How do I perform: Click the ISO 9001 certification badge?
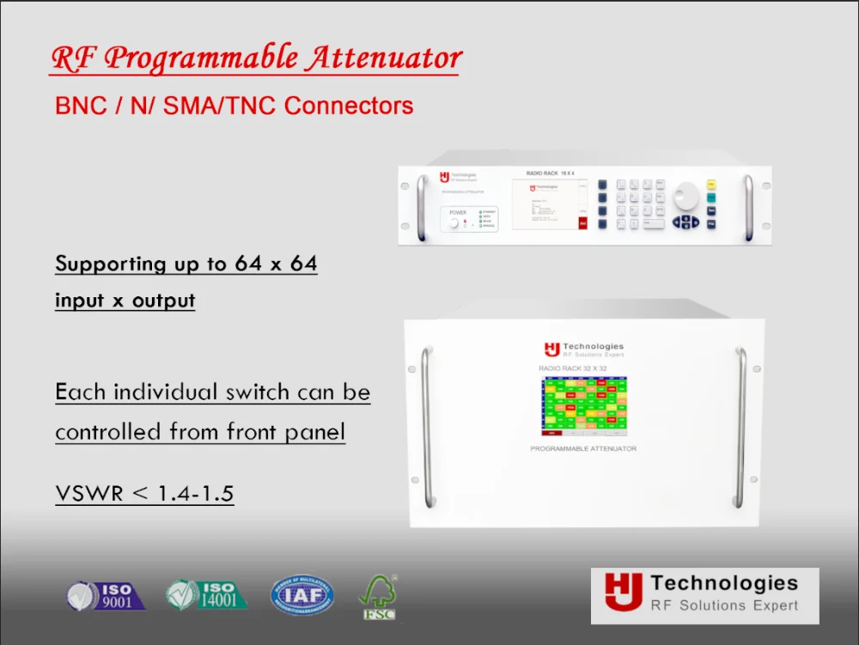click(x=107, y=594)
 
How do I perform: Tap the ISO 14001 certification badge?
click(x=206, y=594)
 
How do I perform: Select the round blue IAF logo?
click(x=302, y=594)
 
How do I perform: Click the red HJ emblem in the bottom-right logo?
click(x=618, y=593)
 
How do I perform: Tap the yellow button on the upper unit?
click(x=712, y=184)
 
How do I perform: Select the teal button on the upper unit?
click(x=712, y=197)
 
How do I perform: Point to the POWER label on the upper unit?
click(x=458, y=211)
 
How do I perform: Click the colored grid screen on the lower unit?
click(x=584, y=406)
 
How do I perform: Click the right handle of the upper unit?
click(x=747, y=207)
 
